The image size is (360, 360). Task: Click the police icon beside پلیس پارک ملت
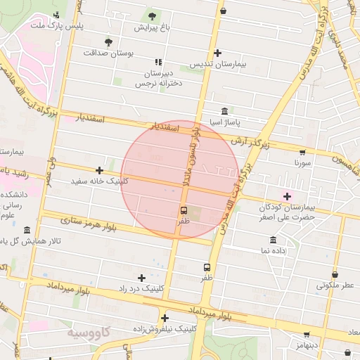pyautogui.click(x=56, y=15)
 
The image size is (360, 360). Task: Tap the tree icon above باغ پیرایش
pyautogui.click(x=152, y=15)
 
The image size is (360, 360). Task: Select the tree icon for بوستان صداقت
pyautogui.click(x=108, y=41)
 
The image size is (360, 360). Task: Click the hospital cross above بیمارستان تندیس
pyautogui.click(x=217, y=53)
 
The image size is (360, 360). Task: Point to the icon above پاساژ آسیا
pyautogui.click(x=224, y=112)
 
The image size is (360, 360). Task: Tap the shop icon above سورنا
pyautogui.click(x=302, y=151)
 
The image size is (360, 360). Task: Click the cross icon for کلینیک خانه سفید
pyautogui.click(x=99, y=170)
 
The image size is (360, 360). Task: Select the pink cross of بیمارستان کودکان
pyautogui.click(x=287, y=195)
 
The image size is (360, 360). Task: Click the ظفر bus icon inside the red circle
pyautogui.click(x=184, y=210)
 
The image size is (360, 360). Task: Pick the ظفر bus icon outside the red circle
pyautogui.click(x=207, y=267)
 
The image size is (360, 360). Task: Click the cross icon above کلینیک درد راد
pyautogui.click(x=142, y=278)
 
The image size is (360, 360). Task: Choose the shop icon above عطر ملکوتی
pyautogui.click(x=335, y=274)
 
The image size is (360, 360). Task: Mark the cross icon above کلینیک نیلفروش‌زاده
pyautogui.click(x=165, y=317)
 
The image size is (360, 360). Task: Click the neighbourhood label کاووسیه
pyautogui.click(x=89, y=330)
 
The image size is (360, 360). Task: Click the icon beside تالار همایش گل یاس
pyautogui.click(x=27, y=231)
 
